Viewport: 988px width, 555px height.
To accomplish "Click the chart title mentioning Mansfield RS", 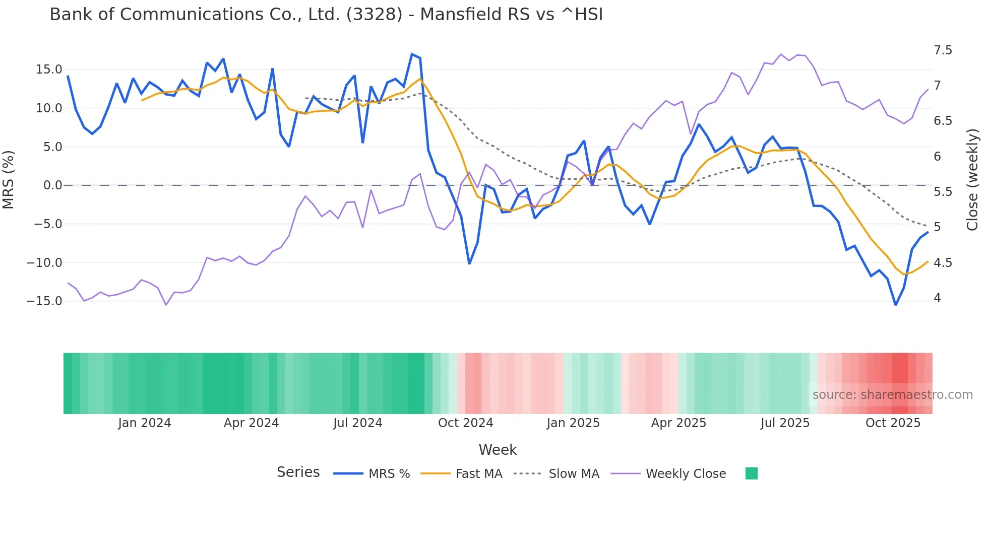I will pos(326,15).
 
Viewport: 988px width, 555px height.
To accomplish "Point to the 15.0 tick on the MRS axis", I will pos(49,70).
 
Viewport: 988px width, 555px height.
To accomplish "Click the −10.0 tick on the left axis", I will pos(44,262).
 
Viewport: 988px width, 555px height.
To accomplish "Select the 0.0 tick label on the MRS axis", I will pos(52,185).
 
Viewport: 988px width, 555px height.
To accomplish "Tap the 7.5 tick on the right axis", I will pos(943,50).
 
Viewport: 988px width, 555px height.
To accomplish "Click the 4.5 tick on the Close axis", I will pos(943,262).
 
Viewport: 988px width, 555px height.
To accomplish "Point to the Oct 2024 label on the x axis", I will pos(465,423).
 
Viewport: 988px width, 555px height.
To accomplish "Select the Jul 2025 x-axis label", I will pos(785,423).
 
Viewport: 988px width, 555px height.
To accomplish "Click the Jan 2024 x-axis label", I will pos(145,423).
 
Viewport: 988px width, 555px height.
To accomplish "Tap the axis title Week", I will pos(498,450).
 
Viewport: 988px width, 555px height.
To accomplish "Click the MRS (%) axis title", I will pos(9,179).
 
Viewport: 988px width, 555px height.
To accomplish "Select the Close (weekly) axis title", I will pos(972,180).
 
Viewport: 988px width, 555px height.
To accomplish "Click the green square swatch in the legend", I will pos(751,473).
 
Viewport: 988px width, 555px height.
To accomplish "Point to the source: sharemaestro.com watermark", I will pos(892,395).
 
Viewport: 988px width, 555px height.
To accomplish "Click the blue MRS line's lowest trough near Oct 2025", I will pos(896,305).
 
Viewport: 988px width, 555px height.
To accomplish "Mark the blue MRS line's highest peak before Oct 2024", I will pos(412,54).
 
